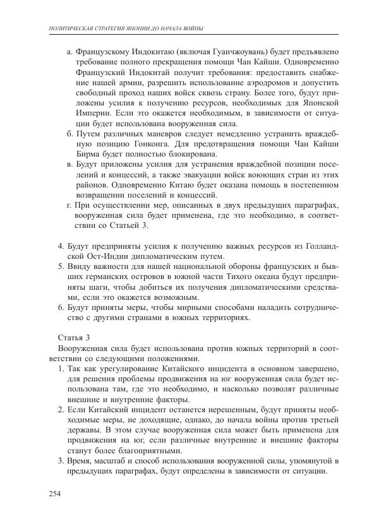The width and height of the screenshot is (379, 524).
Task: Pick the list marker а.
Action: click(x=69, y=52)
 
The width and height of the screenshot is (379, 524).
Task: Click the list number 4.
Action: click(x=61, y=246)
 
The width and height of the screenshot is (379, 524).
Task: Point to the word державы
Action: click(x=85, y=431)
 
